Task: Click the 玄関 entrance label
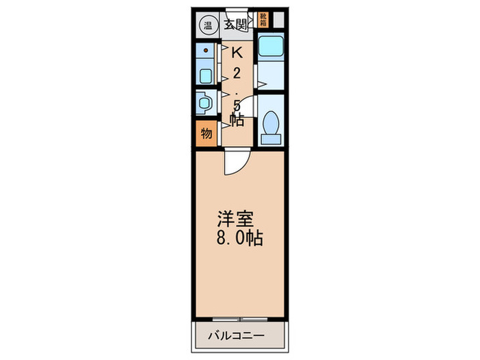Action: click(236, 25)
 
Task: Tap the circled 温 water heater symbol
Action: click(206, 27)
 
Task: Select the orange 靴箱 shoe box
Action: click(263, 19)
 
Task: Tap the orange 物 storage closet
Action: click(206, 133)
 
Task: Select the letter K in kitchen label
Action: click(236, 52)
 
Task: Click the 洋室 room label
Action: click(236, 220)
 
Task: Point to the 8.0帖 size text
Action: click(240, 239)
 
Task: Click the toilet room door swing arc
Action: click(249, 103)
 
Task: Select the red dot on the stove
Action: click(205, 50)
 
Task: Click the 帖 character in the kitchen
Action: click(237, 121)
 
